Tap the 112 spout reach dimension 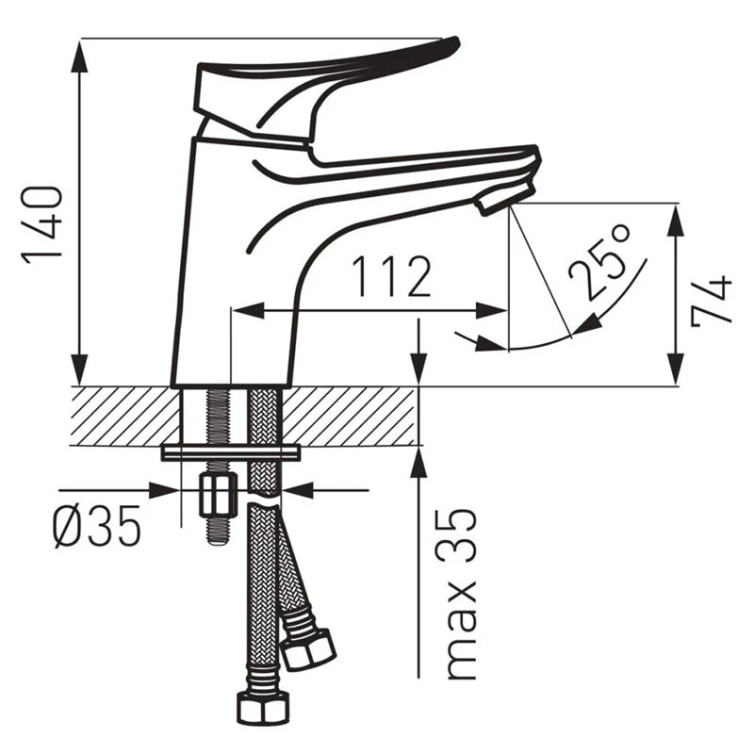pyautogui.click(x=391, y=277)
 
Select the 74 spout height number pyautogui.click(x=712, y=301)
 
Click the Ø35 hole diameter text pyautogui.click(x=97, y=526)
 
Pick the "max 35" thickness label pyautogui.click(x=461, y=595)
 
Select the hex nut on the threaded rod pyautogui.click(x=218, y=494)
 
